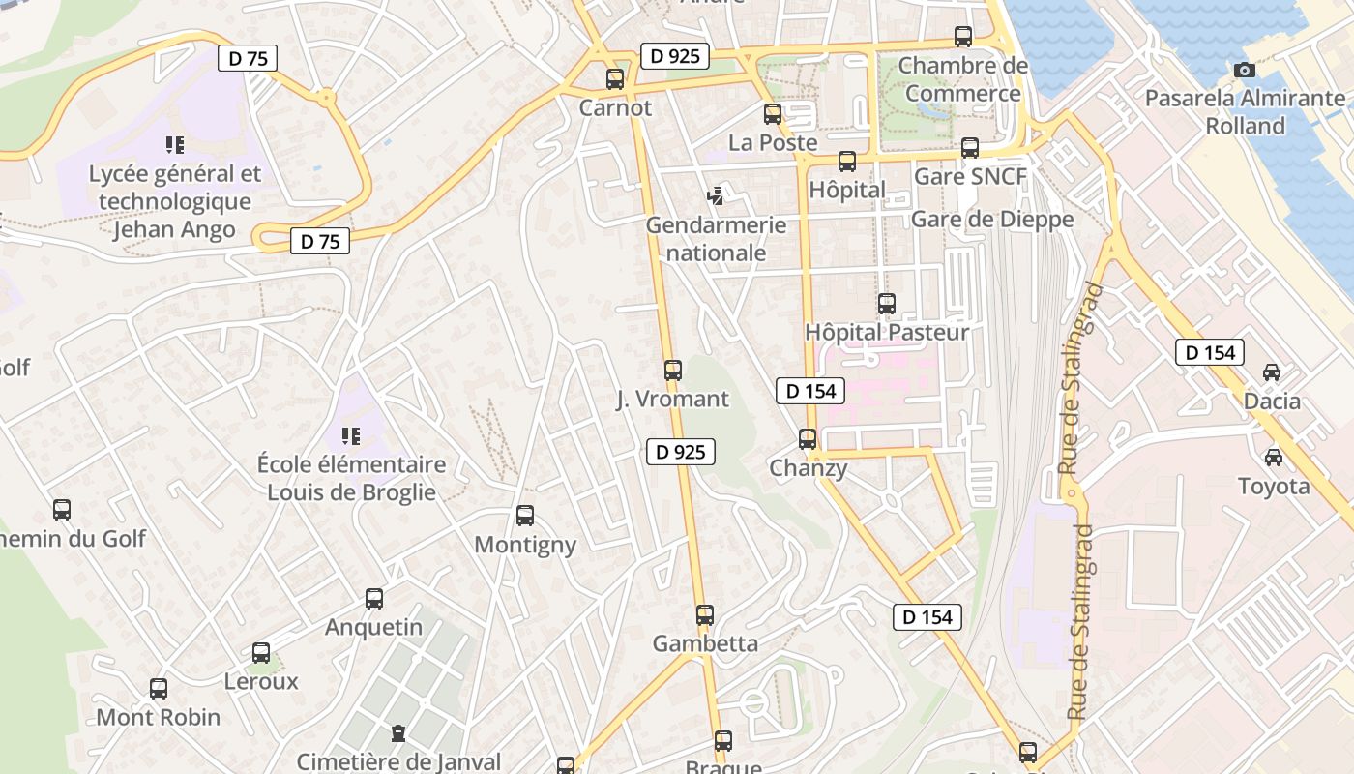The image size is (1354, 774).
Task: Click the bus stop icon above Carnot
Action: (x=615, y=79)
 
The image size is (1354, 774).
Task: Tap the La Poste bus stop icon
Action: (x=773, y=114)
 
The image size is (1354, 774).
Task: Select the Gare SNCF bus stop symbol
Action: (x=970, y=148)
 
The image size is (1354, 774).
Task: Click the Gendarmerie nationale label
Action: (x=717, y=239)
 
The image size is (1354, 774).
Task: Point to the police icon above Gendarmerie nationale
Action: (x=716, y=196)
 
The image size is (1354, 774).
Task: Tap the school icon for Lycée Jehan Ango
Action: (x=175, y=145)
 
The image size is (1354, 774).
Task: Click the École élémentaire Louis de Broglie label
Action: (x=352, y=478)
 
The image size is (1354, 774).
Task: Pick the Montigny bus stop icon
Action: (x=525, y=516)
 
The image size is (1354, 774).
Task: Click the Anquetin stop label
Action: (x=373, y=627)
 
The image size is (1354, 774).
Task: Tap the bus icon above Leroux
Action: (x=261, y=653)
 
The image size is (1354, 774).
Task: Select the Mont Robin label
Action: (x=159, y=717)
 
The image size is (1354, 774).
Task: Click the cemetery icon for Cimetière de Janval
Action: (x=398, y=733)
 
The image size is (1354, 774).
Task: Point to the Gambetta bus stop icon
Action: (x=705, y=615)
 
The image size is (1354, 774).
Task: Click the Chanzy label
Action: (x=809, y=468)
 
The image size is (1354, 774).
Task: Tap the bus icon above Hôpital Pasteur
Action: (x=887, y=304)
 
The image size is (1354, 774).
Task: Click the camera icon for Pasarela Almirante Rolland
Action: (x=1245, y=70)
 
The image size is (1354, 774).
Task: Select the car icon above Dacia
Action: (x=1272, y=372)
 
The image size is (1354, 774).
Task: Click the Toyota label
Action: (x=1275, y=486)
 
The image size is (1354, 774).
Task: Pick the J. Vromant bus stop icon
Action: (x=673, y=370)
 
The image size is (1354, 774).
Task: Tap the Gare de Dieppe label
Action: (x=992, y=220)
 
